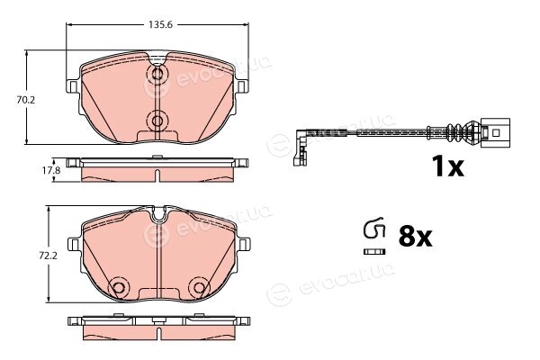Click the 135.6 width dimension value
coord(160,24)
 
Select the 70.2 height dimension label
coord(26,100)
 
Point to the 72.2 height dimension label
coord(48,256)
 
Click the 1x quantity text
coord(448,166)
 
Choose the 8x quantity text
coord(415,237)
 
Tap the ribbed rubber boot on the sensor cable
coord(458,132)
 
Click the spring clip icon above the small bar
coord(374,228)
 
